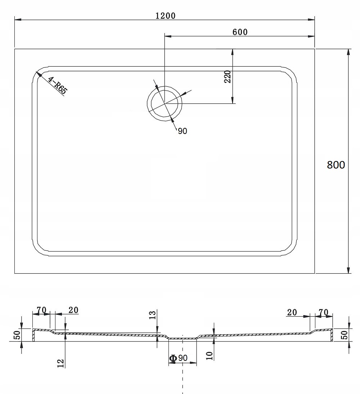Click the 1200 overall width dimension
[165, 15]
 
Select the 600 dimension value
[240, 32]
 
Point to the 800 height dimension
[336, 165]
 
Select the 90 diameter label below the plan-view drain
[182, 131]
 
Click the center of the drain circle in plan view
[165, 103]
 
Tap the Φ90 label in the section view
[178, 358]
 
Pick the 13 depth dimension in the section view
[152, 315]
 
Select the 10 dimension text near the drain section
[210, 355]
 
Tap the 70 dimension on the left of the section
[41, 310]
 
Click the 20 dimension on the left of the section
[73, 310]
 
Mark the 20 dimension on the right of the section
[292, 312]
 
